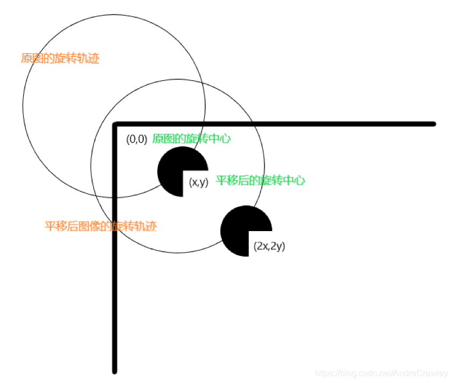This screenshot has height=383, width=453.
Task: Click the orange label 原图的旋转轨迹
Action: coord(60,59)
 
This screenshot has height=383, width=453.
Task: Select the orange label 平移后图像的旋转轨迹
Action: coord(100,226)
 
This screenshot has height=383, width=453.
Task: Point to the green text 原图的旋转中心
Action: coord(191,139)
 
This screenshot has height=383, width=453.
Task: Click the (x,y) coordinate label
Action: coord(199,183)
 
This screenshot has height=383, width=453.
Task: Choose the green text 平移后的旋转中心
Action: coord(260,180)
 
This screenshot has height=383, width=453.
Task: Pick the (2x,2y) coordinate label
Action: coord(269,246)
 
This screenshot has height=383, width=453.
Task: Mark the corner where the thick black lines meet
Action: coord(115,124)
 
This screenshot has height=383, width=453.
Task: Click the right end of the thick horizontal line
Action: coord(433,124)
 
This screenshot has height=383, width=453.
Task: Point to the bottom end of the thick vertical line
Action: coord(114,371)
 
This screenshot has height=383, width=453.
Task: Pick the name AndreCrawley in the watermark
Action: coord(421,373)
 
